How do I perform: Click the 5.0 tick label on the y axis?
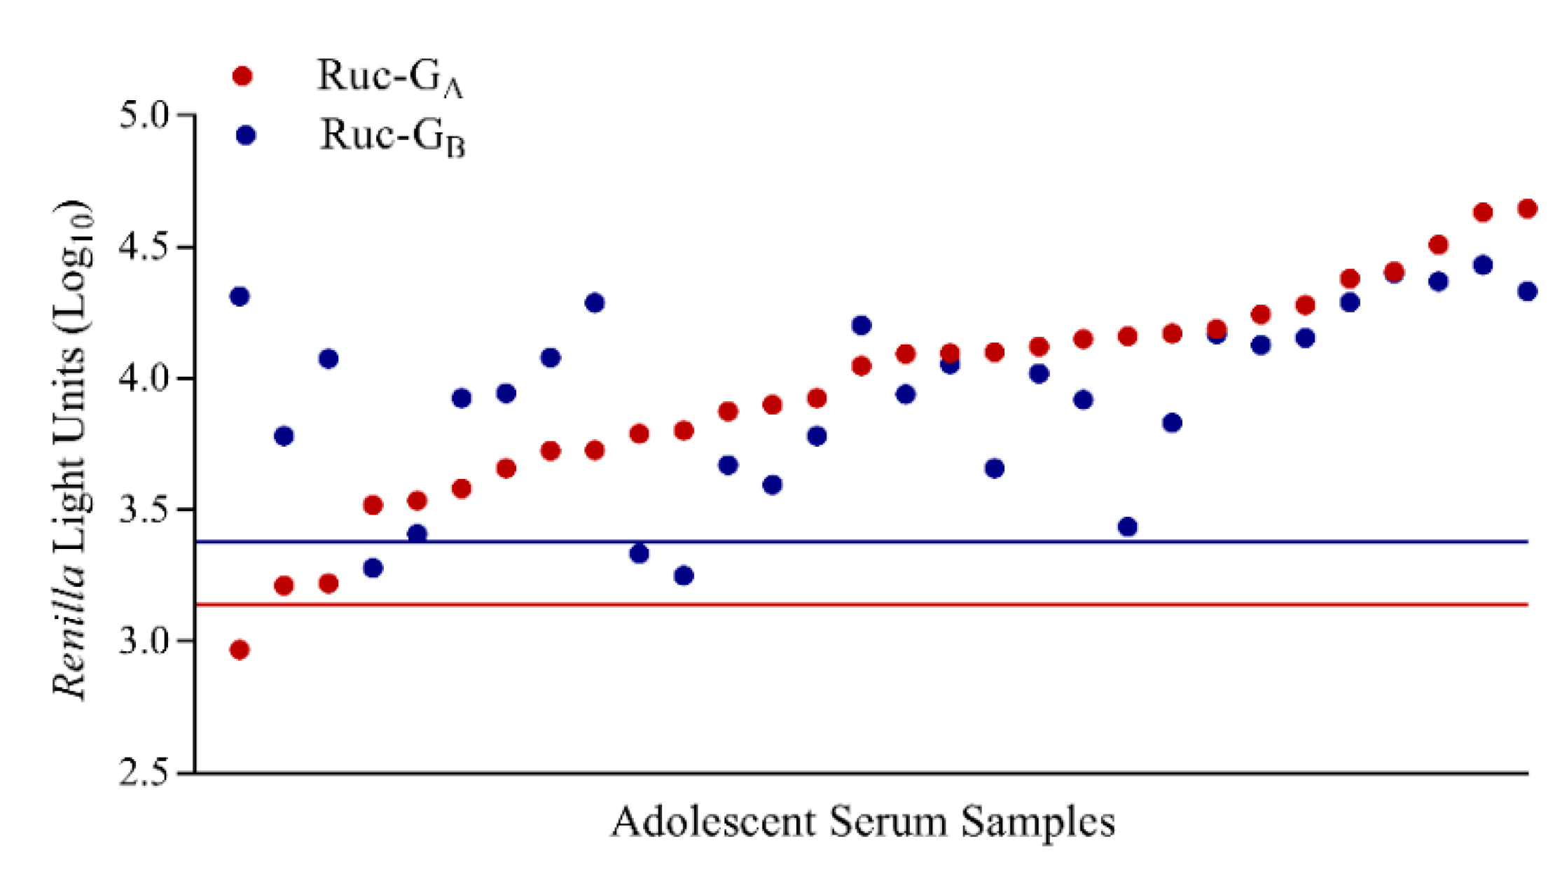[x=144, y=116]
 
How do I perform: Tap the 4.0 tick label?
[x=144, y=379]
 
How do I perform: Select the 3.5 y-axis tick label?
[x=144, y=510]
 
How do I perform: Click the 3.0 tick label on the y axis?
[x=144, y=641]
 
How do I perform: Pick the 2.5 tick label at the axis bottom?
[x=144, y=773]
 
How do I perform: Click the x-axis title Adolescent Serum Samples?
[x=862, y=822]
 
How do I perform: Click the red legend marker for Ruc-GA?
[x=242, y=76]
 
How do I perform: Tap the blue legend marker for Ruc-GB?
[x=246, y=135]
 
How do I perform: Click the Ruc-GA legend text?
[x=389, y=77]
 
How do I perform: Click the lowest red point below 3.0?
[x=240, y=650]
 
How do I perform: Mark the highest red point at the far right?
[x=1528, y=209]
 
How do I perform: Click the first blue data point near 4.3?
[x=240, y=296]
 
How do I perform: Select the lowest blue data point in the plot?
[x=684, y=576]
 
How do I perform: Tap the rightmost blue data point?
[x=1528, y=291]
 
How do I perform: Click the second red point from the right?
[x=1483, y=212]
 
